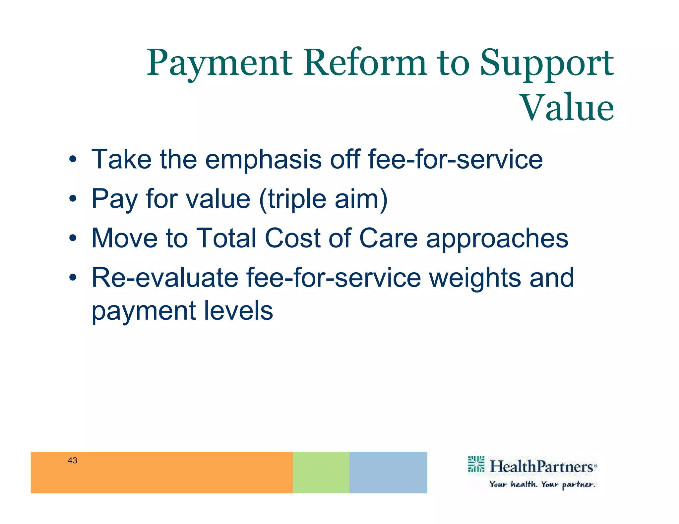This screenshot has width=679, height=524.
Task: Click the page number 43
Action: (72, 460)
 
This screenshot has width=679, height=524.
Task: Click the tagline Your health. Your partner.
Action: (542, 485)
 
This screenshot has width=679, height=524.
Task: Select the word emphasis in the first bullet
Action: (263, 160)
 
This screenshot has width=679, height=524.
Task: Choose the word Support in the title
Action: (547, 63)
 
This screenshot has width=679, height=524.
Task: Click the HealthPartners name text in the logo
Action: (541, 467)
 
